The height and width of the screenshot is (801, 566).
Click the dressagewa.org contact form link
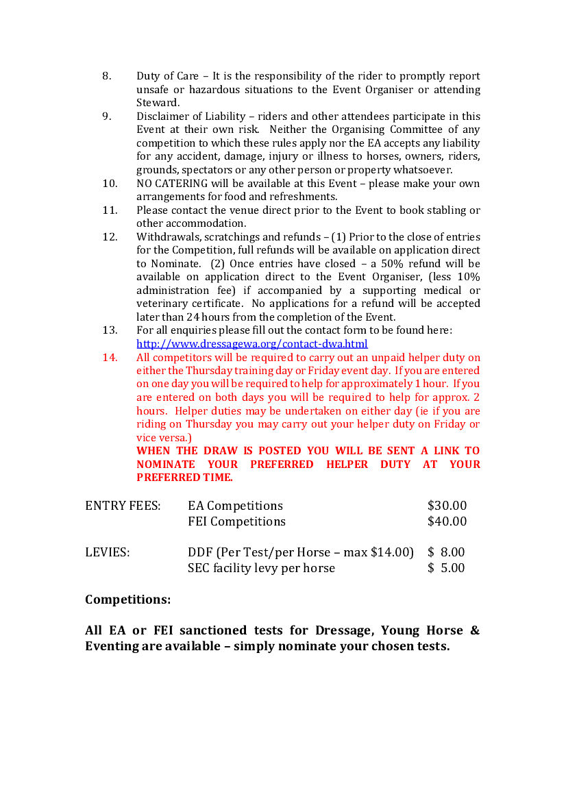(251, 344)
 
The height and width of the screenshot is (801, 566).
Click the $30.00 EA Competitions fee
(447, 506)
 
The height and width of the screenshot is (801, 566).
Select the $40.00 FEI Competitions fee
(447, 521)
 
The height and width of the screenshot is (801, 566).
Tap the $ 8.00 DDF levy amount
(446, 552)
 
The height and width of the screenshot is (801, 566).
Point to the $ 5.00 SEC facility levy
(446, 568)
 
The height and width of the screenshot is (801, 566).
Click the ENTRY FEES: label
(123, 506)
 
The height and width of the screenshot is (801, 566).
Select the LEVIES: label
(107, 552)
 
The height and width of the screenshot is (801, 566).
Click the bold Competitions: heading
(127, 600)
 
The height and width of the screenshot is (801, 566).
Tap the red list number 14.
(110, 357)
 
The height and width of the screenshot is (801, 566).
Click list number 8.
(107, 76)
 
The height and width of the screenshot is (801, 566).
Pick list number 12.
(110, 237)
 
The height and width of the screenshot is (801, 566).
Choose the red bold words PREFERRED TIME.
(184, 478)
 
